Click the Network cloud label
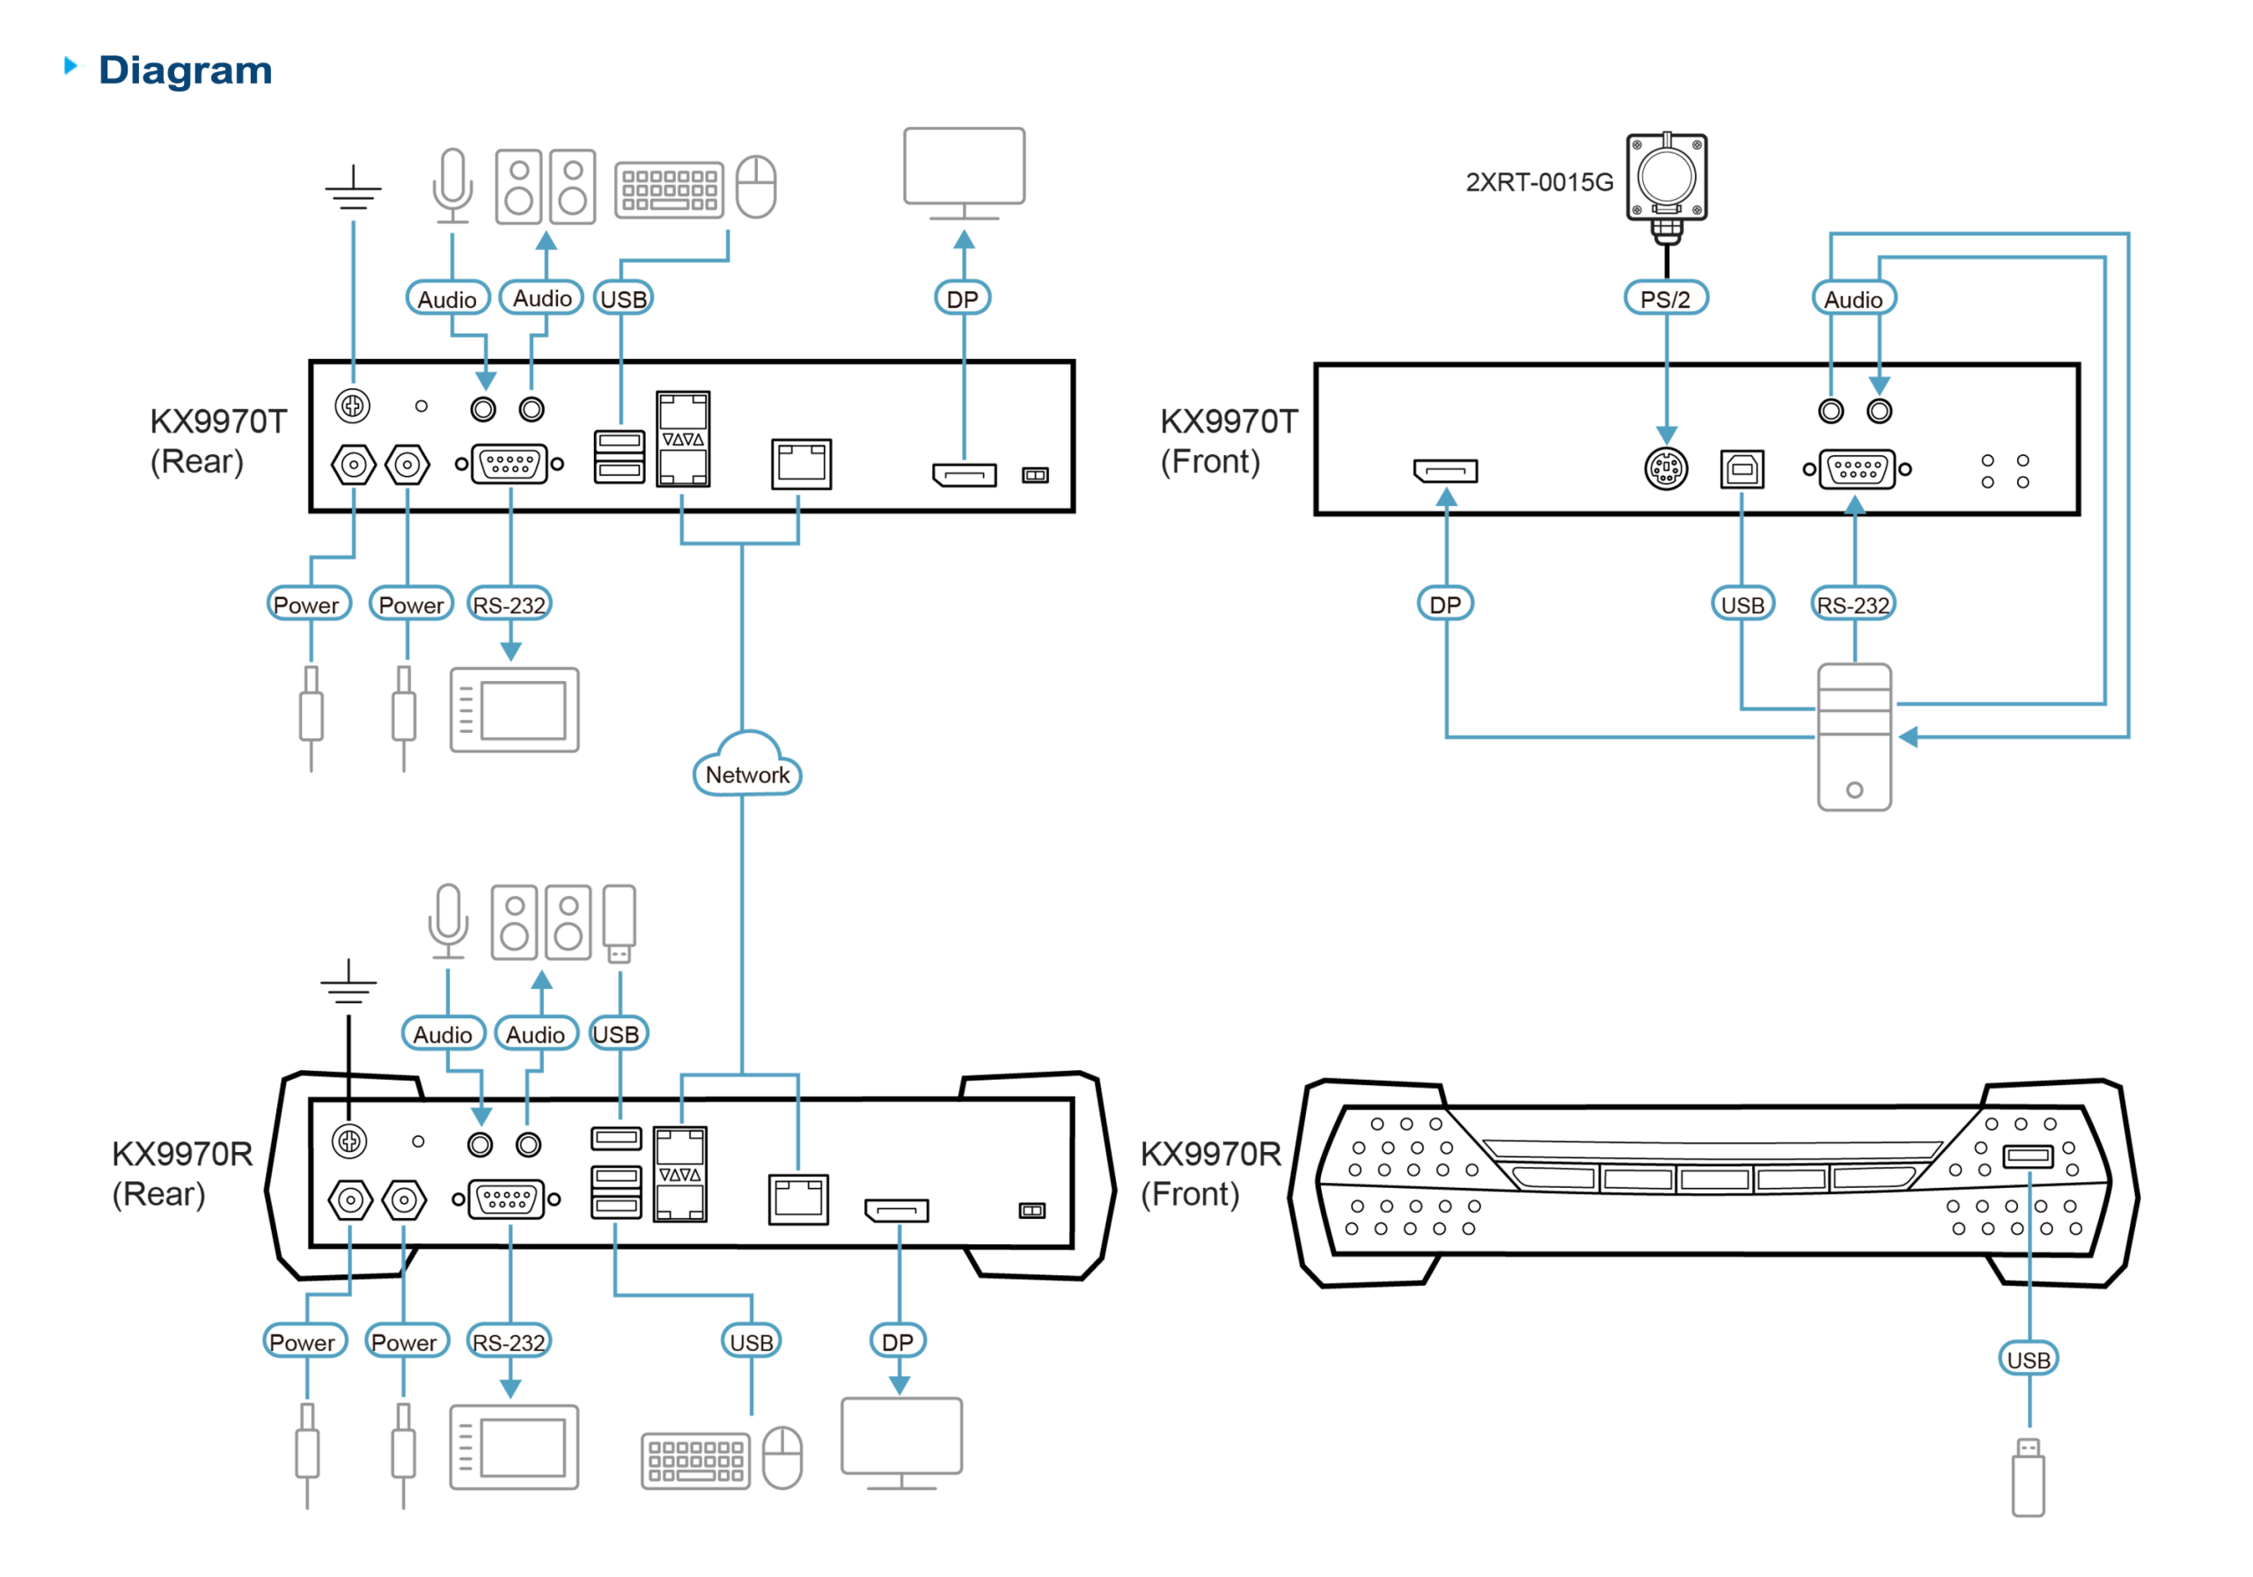click(748, 774)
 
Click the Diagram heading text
click(186, 70)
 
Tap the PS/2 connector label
click(1665, 298)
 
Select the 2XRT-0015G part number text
click(1537, 182)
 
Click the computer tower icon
click(1853, 738)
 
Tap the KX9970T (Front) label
click(1229, 442)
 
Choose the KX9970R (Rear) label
click(181, 1174)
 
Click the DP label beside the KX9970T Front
click(1444, 605)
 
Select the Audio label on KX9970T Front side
click(1853, 298)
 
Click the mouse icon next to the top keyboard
click(756, 186)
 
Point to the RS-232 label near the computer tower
click(1853, 605)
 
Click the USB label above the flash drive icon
click(2029, 1359)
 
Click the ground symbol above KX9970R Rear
click(349, 981)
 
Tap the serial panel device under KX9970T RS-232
click(514, 709)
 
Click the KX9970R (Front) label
click(1210, 1174)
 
